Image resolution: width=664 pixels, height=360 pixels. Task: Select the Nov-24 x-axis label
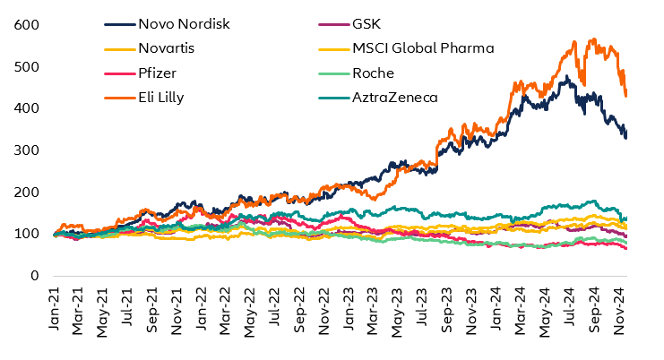(617, 310)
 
